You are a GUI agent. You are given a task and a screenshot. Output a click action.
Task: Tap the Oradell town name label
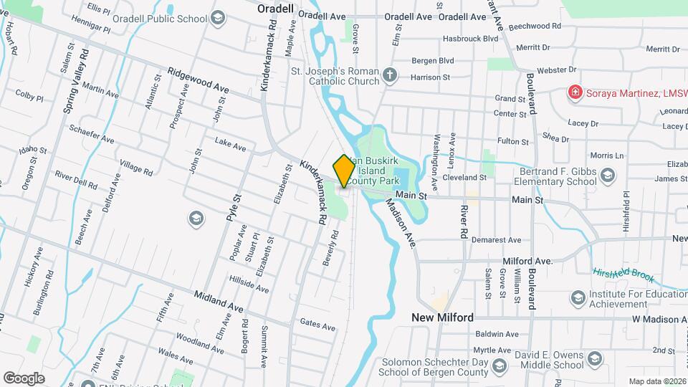276,8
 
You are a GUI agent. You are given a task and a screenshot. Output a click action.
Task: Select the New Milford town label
442,317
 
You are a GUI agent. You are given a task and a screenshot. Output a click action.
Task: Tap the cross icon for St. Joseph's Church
389,75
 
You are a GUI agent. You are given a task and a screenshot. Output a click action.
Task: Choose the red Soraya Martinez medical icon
574,92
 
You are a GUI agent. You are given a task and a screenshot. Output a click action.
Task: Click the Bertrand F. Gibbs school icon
607,175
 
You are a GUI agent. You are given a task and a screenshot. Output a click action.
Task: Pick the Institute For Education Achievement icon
578,297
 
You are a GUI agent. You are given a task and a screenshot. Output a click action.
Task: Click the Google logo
24,378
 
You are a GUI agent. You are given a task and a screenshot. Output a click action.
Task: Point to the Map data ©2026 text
656,381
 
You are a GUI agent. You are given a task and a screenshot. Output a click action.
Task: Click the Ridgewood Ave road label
198,80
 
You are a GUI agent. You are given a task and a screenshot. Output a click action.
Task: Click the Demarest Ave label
495,240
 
